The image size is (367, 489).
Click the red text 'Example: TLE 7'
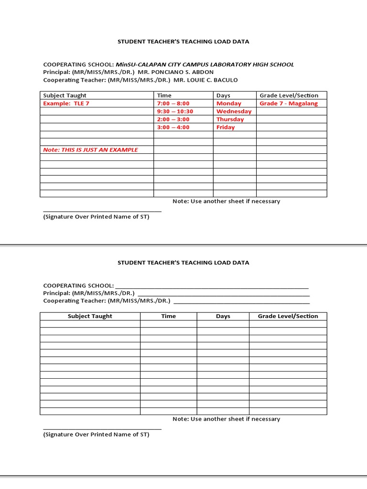(66, 104)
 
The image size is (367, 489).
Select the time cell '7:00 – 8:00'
(173, 104)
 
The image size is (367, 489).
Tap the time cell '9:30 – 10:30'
(175, 111)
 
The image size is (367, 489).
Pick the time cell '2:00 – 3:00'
(173, 119)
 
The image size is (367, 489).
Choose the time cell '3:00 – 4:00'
(173, 128)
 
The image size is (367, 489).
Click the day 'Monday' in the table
(229, 104)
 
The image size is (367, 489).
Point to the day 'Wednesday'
(234, 111)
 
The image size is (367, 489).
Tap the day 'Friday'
(226, 128)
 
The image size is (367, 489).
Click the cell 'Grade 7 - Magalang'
(289, 104)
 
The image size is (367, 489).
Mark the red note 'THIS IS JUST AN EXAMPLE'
(90, 150)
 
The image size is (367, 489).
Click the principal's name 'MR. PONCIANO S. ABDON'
(176, 72)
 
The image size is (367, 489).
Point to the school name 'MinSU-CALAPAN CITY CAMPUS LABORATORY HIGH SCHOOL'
(205, 64)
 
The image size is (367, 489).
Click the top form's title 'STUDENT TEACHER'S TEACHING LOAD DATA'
(183, 42)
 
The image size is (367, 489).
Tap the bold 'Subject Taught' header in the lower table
(90, 316)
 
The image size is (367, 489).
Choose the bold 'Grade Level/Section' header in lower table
(288, 316)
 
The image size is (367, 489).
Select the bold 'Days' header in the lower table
(223, 316)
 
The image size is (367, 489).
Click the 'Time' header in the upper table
(164, 96)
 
